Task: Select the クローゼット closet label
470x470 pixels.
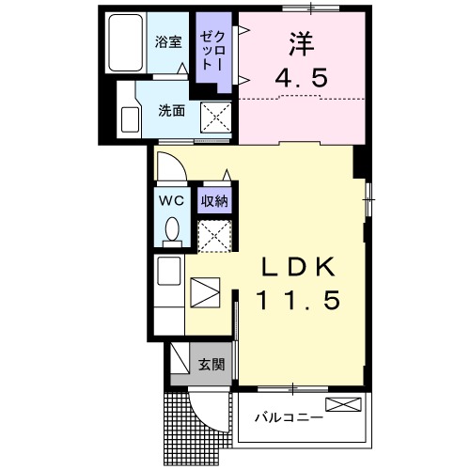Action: pyautogui.click(x=208, y=52)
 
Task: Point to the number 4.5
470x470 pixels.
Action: pyautogui.click(x=300, y=79)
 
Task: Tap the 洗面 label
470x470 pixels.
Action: pyautogui.click(x=170, y=109)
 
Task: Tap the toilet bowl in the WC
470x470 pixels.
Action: pyautogui.click(x=171, y=229)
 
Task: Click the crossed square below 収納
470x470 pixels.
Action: pyautogui.click(x=214, y=234)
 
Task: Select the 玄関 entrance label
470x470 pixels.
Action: pyautogui.click(x=211, y=365)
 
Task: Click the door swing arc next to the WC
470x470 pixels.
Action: pyautogui.click(x=169, y=170)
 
